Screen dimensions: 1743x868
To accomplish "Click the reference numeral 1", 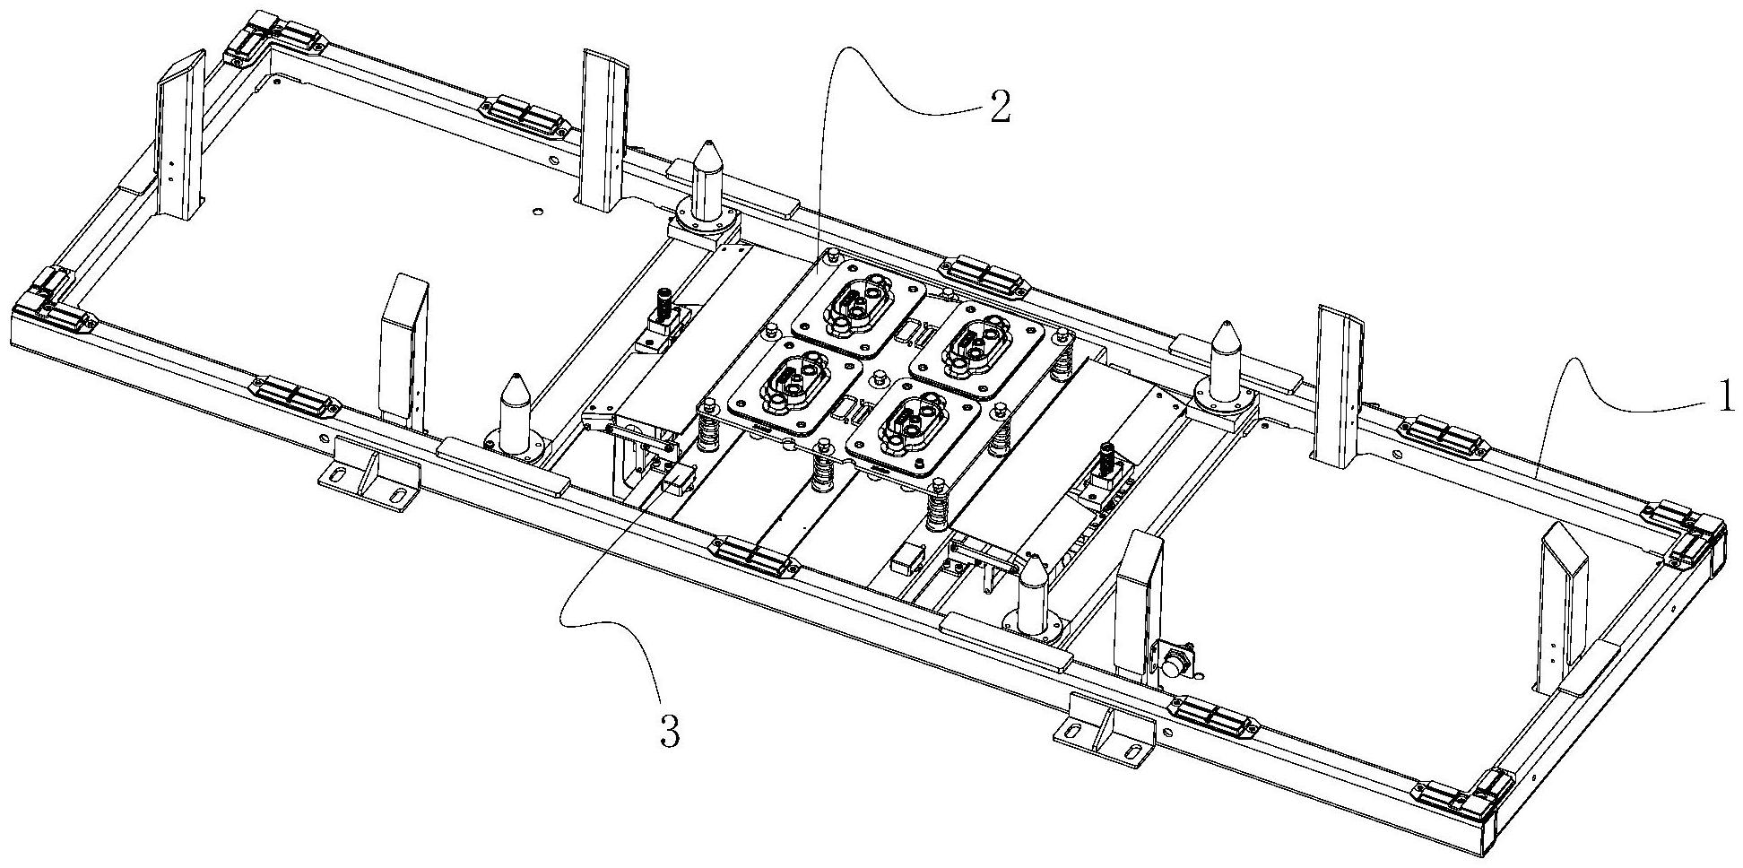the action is pos(1722,396).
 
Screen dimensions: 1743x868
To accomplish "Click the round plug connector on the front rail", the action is pos(1175,667).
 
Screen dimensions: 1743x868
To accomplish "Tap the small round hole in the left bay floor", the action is pos(536,212).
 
